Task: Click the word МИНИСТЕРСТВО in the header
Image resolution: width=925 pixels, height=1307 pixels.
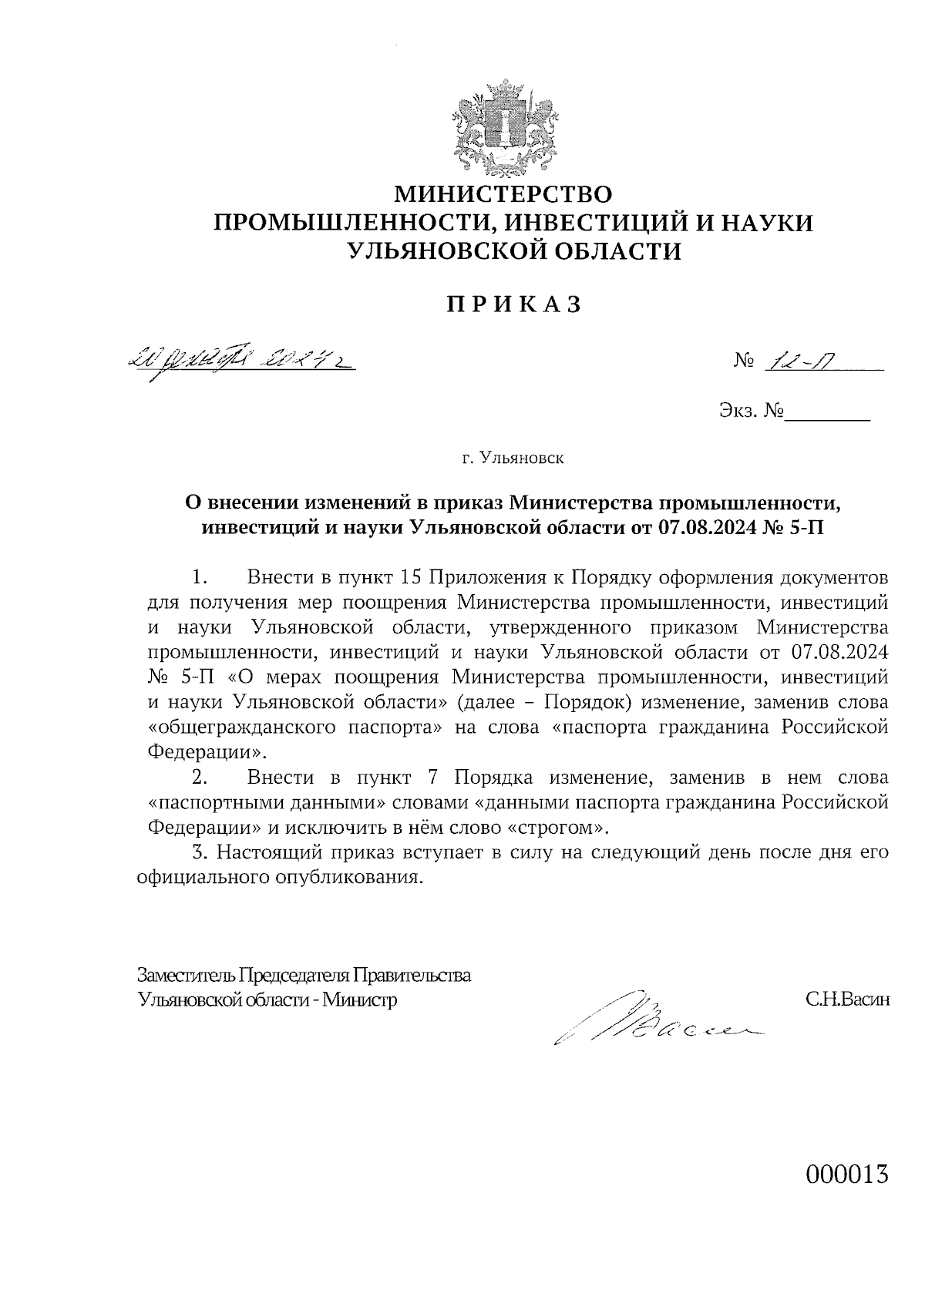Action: point(503,193)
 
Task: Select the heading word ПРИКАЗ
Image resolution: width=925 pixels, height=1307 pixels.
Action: point(513,305)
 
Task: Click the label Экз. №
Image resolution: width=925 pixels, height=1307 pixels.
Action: point(751,412)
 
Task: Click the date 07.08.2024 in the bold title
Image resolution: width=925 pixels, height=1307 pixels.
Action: point(714,527)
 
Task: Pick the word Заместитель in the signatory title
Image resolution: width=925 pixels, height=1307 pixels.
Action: point(185,975)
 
